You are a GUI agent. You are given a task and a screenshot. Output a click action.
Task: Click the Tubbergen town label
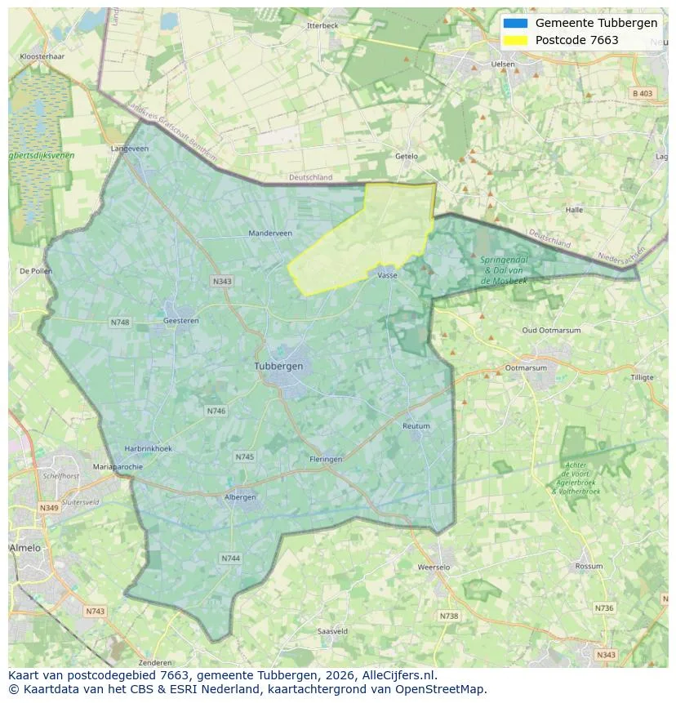278,366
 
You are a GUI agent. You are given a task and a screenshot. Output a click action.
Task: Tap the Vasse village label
387,276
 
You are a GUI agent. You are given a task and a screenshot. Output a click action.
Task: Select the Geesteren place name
180,322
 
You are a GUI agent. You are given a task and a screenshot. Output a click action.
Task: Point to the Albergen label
240,496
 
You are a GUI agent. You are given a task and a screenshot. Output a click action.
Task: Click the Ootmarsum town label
526,367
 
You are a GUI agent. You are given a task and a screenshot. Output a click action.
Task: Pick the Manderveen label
270,233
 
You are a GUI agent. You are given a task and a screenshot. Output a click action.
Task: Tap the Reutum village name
416,426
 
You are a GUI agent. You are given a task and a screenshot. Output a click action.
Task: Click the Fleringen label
326,459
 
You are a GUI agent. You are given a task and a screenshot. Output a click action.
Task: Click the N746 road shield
216,412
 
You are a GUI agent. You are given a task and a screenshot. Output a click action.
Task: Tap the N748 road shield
120,323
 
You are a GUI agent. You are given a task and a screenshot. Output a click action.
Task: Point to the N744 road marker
230,558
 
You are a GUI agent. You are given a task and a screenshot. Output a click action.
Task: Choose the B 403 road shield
643,94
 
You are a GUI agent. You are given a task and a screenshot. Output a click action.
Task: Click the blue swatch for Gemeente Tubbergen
516,23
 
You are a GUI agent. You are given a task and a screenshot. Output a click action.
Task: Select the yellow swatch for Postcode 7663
516,40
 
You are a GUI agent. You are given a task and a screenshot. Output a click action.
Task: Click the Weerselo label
434,567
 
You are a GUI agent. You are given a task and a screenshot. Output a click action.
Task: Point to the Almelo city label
25,548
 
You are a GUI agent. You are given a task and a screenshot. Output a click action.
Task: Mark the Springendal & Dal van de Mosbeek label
505,269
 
